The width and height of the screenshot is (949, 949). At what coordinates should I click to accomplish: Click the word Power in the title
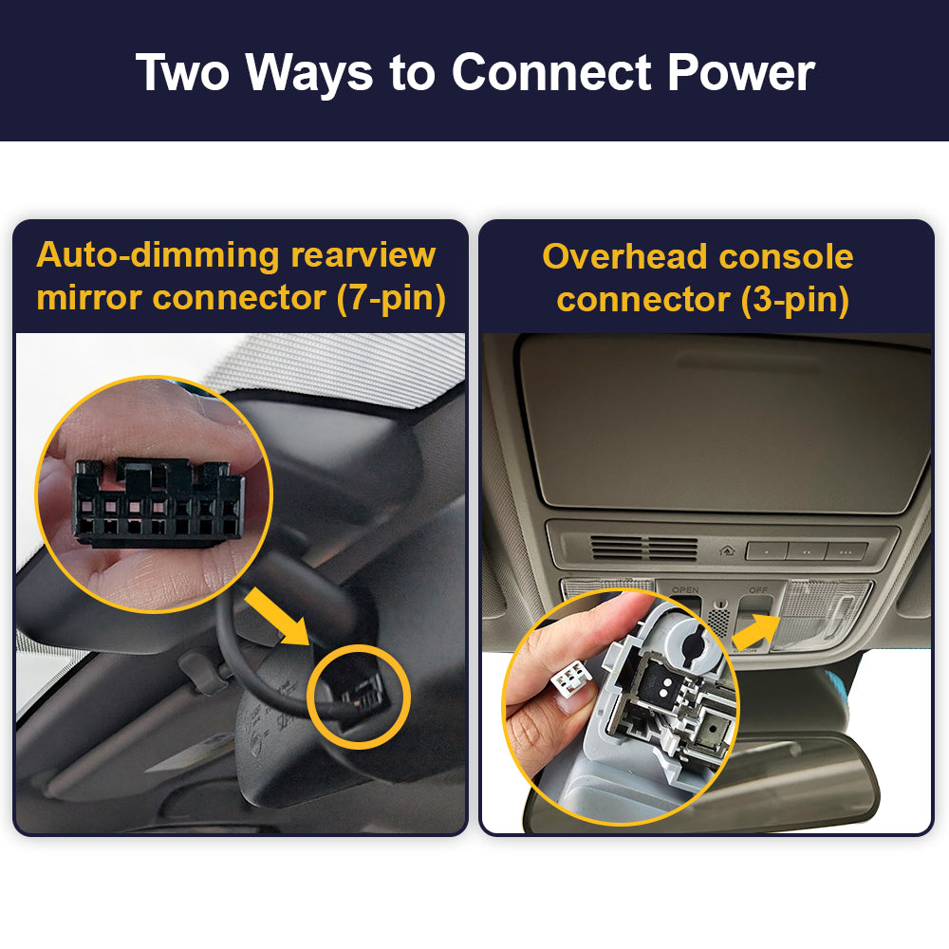tap(741, 73)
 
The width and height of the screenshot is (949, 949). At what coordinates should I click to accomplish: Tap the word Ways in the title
tap(308, 74)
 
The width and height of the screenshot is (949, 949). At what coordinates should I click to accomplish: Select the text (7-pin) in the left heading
tap(391, 298)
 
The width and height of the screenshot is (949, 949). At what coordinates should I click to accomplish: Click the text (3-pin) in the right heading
tap(795, 300)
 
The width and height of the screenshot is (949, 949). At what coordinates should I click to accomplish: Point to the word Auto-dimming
tap(158, 255)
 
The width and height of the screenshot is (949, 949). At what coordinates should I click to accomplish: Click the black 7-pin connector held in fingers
tap(158, 502)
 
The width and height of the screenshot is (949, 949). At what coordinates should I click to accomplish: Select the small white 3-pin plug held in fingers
tap(569, 679)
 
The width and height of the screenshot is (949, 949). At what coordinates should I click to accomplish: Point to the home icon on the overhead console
tap(727, 550)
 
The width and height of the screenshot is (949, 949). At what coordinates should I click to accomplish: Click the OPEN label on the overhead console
tap(685, 589)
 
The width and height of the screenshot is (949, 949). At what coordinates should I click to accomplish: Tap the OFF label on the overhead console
tap(757, 589)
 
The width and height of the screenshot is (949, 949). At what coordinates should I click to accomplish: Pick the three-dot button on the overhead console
tap(847, 551)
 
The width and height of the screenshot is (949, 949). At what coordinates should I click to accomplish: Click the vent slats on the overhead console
tap(644, 549)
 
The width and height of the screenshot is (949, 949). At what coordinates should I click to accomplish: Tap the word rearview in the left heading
tap(363, 255)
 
